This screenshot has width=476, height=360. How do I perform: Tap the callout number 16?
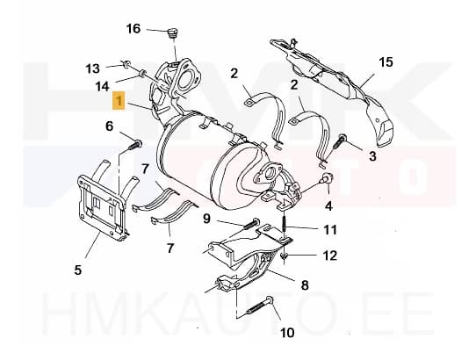click(133, 29)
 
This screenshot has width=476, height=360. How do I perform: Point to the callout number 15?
click(386, 61)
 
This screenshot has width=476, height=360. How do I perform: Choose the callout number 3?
click(372, 156)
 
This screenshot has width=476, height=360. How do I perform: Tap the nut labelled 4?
click(325, 181)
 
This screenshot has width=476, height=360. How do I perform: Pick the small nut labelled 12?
click(288, 256)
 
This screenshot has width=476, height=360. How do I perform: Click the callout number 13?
click(93, 68)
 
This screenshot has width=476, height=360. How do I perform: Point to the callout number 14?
click(103, 86)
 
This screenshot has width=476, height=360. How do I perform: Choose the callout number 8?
click(306, 284)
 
